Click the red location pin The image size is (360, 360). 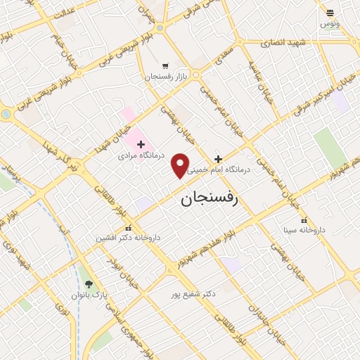181,165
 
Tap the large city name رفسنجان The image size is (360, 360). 210,198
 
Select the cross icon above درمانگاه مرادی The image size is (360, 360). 141,143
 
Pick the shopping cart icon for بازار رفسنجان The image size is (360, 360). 165,66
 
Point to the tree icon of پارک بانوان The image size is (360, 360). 89,285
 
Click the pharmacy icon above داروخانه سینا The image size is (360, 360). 304,221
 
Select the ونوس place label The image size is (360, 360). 328,24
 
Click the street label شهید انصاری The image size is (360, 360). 280,43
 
